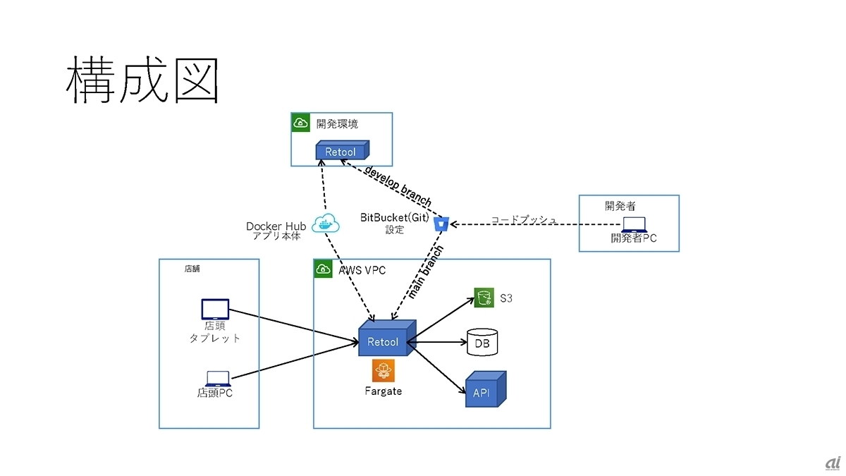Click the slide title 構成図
(x=142, y=82)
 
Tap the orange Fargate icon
(x=384, y=370)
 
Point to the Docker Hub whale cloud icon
(x=326, y=223)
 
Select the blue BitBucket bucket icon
(x=442, y=224)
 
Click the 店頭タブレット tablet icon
(x=215, y=310)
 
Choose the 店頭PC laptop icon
(x=215, y=378)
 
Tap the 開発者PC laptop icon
(x=634, y=224)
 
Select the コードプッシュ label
(x=523, y=220)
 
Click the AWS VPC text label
(x=362, y=270)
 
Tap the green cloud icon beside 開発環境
(x=301, y=123)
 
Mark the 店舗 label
(x=192, y=269)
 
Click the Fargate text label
(x=384, y=391)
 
